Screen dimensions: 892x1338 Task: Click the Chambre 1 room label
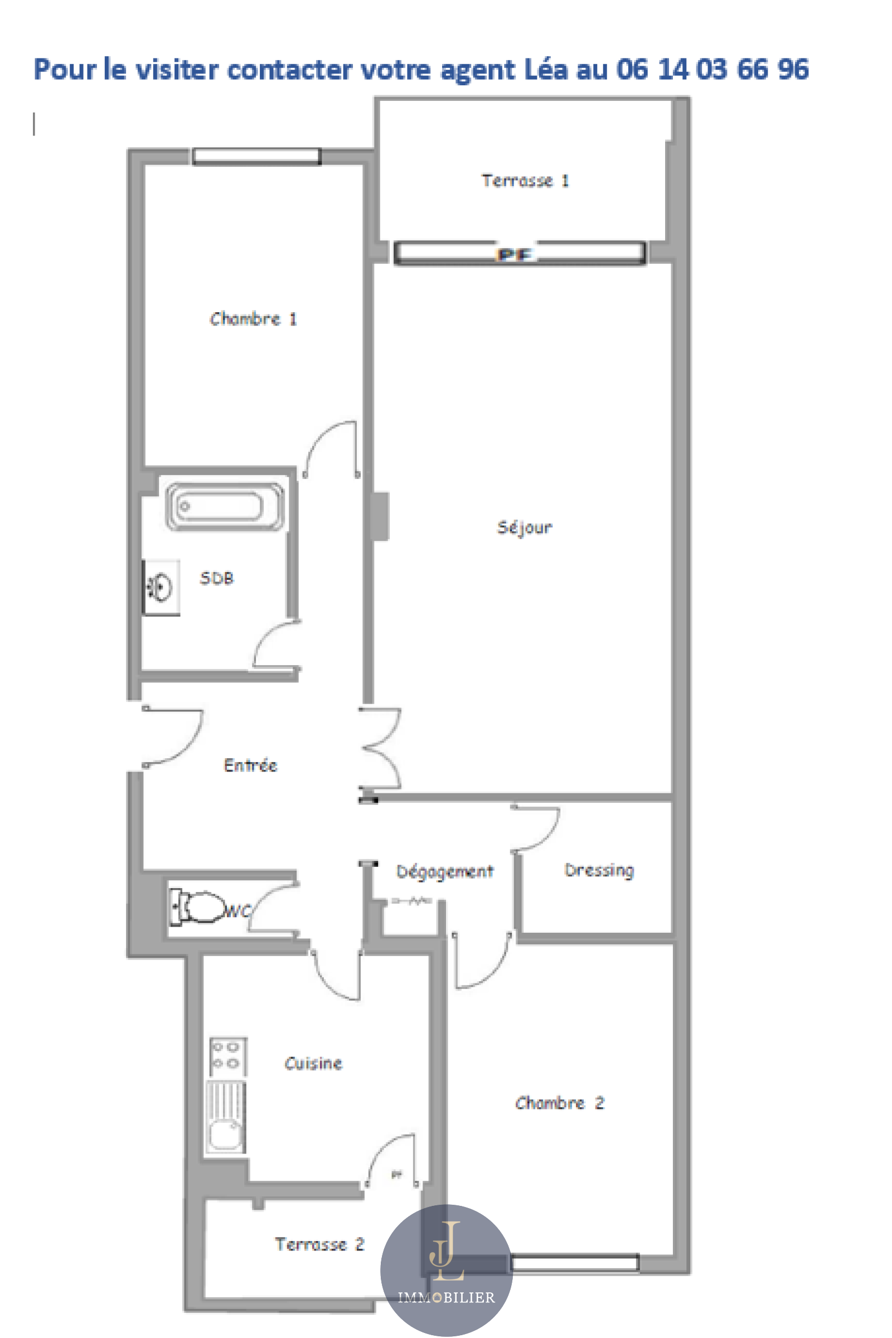click(x=253, y=318)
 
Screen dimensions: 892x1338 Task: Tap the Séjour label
click(x=525, y=527)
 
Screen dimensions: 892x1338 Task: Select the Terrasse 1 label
click(x=525, y=180)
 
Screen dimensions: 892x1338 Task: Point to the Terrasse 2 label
click(x=319, y=1244)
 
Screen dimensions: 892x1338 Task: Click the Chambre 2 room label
click(x=560, y=1103)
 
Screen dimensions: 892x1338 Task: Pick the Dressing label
click(x=599, y=870)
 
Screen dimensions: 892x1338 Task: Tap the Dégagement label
click(x=445, y=871)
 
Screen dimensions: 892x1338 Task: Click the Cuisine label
click(x=313, y=1063)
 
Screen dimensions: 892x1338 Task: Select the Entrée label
click(x=250, y=764)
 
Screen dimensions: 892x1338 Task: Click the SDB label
click(x=217, y=578)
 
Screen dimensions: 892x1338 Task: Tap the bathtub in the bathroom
click(x=225, y=506)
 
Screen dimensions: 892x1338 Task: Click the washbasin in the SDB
click(x=161, y=587)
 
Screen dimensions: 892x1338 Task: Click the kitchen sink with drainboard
click(x=226, y=1117)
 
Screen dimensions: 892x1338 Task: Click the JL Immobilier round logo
click(x=447, y=1270)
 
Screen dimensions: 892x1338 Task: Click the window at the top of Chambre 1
click(x=256, y=157)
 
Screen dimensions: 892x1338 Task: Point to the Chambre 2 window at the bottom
click(x=575, y=1263)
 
